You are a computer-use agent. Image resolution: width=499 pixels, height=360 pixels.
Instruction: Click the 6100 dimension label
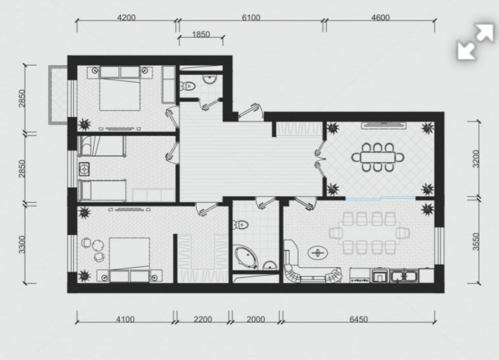pos(251,17)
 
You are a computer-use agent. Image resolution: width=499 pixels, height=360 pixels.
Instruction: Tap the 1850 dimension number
pos(201,34)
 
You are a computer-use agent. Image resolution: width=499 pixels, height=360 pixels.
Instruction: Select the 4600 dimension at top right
pos(380,17)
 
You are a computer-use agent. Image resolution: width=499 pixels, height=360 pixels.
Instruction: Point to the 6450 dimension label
pos(359,319)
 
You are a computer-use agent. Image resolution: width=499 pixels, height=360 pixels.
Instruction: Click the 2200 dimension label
pos(203,319)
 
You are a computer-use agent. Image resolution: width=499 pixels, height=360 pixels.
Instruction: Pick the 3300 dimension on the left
pos(21,244)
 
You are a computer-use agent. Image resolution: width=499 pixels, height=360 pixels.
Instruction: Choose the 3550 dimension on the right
pos(475,242)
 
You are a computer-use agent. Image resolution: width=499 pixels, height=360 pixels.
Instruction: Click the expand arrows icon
pos(475,42)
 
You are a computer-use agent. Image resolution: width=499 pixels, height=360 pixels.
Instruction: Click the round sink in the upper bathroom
pos(209,79)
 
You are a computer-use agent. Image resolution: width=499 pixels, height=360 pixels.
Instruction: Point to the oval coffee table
pos(317,253)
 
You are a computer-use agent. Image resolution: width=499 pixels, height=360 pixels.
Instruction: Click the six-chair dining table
pos(378,157)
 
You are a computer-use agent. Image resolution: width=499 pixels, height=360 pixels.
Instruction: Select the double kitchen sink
pos(404,276)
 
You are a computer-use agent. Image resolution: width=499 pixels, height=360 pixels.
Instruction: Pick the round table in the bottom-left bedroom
pos(98,245)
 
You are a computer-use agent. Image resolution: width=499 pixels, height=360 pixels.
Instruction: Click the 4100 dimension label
pos(124,319)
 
